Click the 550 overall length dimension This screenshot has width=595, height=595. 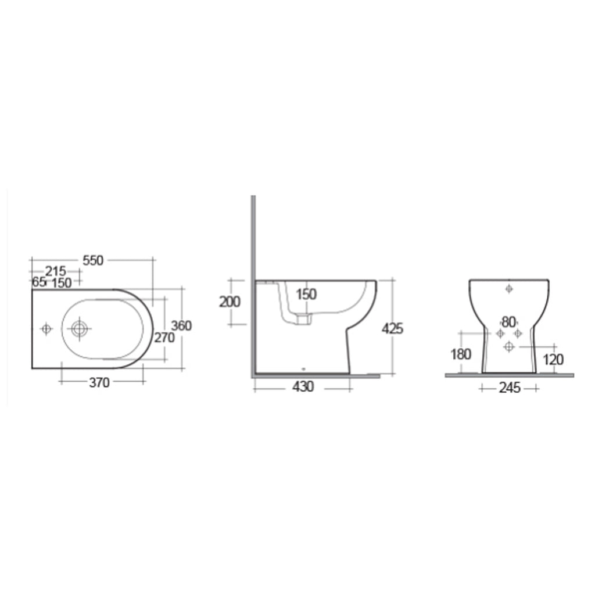(92, 260)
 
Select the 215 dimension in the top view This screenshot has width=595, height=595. (56, 271)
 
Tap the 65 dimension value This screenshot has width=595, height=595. (39, 282)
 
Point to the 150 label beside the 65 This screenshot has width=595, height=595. (62, 282)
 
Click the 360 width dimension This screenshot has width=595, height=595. (181, 326)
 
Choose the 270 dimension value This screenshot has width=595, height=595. (164, 337)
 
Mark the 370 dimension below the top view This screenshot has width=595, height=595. (99, 382)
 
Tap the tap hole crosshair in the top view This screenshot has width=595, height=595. (46, 329)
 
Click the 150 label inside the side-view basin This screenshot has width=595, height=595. (306, 294)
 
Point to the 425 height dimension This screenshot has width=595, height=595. (392, 328)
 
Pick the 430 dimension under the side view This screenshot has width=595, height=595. (303, 386)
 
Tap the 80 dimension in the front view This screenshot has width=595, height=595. (509, 321)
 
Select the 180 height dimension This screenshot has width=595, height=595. (461, 354)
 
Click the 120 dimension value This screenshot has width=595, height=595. (553, 360)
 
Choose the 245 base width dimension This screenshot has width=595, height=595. (509, 388)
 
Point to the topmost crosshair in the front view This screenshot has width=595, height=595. (509, 288)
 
